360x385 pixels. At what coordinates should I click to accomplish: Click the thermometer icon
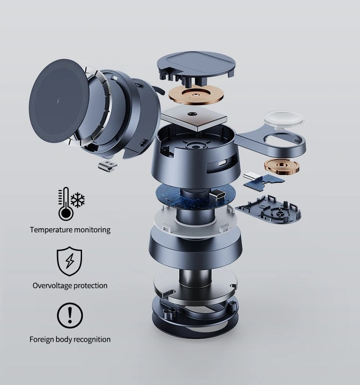click(x=66, y=204)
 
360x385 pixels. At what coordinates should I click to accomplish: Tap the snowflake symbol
click(x=77, y=200)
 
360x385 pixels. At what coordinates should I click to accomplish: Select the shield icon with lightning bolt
click(x=70, y=261)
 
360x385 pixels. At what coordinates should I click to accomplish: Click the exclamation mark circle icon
click(x=70, y=315)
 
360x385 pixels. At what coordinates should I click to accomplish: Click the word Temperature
click(x=51, y=230)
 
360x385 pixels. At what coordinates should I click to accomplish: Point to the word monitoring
click(x=92, y=230)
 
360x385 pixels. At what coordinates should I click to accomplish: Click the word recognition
click(x=92, y=339)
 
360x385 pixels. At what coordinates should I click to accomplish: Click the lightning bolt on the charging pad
click(x=58, y=101)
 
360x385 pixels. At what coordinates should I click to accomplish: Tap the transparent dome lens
click(x=283, y=120)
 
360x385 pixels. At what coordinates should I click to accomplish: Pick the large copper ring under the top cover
click(x=196, y=94)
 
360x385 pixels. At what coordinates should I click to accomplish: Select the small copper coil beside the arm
click(x=282, y=166)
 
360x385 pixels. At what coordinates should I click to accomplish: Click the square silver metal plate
click(x=194, y=118)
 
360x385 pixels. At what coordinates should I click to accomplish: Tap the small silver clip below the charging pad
click(x=107, y=166)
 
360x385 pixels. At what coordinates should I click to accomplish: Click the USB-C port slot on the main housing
click(x=223, y=163)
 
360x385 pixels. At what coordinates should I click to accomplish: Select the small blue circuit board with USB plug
click(x=263, y=180)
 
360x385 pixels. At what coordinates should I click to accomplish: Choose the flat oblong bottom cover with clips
click(x=268, y=209)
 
